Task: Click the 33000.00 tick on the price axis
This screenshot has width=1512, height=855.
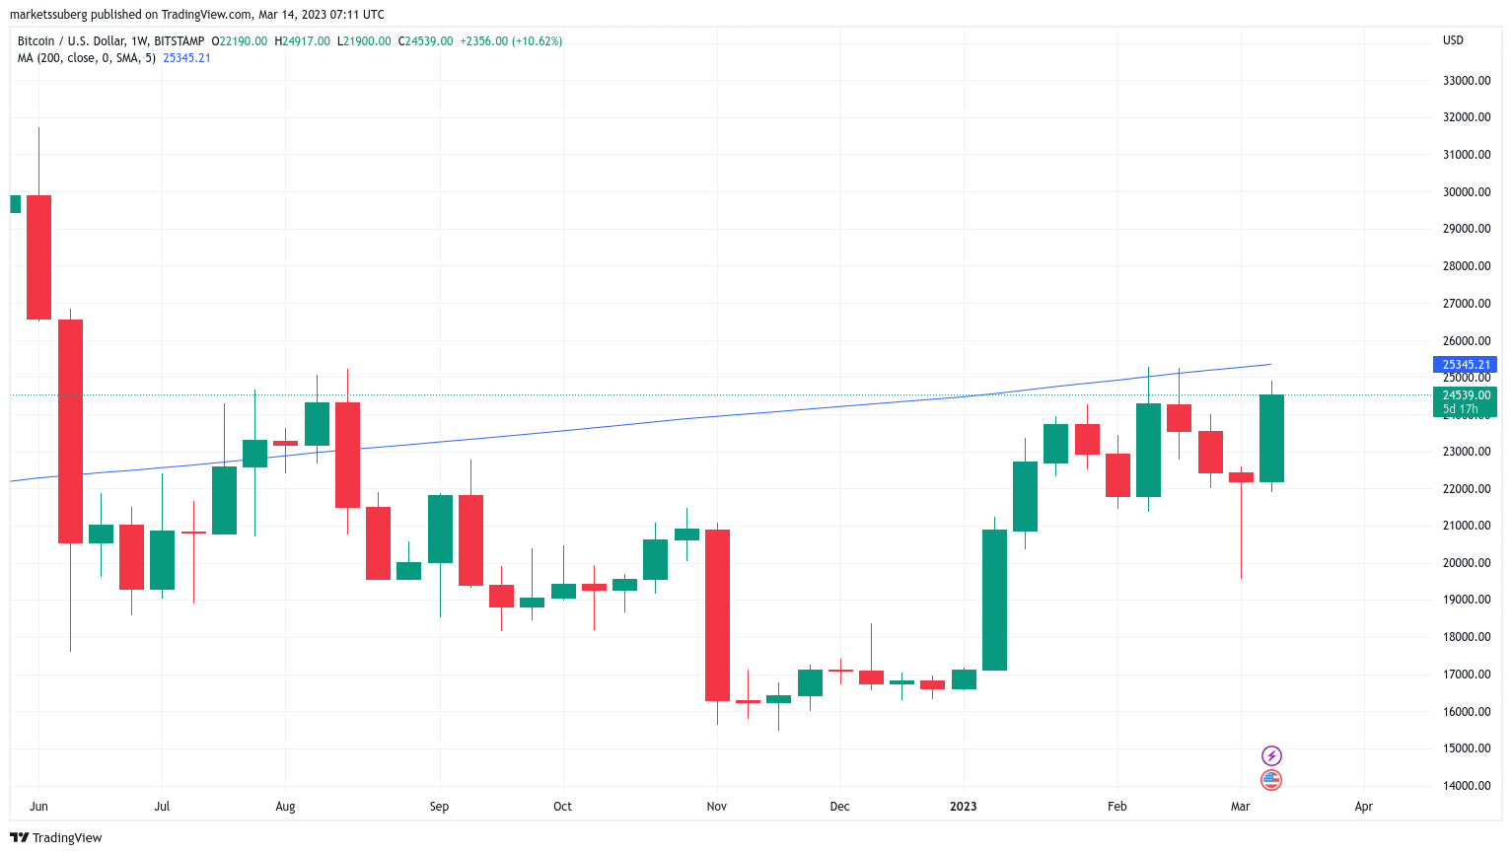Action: click(1466, 81)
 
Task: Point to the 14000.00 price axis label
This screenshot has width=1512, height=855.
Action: click(1466, 786)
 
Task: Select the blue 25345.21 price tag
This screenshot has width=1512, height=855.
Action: click(1464, 365)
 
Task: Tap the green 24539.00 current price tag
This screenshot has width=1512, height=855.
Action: click(1464, 396)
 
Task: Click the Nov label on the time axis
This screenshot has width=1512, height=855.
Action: click(717, 807)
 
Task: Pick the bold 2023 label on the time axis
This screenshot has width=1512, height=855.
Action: click(963, 807)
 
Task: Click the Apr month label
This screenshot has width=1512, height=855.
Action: click(1363, 807)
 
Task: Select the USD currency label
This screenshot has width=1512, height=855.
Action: click(1453, 40)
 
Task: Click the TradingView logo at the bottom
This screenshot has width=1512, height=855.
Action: click(56, 838)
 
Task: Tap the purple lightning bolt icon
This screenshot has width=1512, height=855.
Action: click(1271, 755)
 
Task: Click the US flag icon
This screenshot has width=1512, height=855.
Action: click(1271, 780)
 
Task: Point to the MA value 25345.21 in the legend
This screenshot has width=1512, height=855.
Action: click(186, 58)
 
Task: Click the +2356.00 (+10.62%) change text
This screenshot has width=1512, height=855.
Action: click(511, 41)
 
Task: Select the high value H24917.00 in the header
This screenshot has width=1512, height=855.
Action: click(302, 41)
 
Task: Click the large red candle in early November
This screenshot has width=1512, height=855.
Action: click(717, 614)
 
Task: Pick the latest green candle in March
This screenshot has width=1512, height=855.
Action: click(1271, 438)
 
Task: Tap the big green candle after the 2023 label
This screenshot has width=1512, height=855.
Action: click(994, 600)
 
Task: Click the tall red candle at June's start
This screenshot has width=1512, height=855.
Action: click(38, 256)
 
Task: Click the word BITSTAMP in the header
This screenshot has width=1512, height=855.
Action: click(180, 41)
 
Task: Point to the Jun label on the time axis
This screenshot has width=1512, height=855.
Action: click(38, 807)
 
